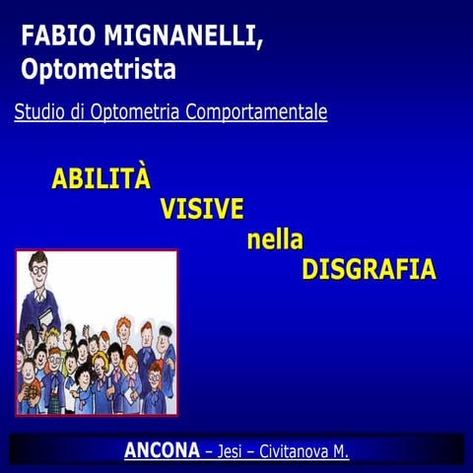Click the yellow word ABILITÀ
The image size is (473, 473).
101,179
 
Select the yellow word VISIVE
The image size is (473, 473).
201,209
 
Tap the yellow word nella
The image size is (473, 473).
275,239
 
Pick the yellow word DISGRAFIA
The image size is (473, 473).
369,270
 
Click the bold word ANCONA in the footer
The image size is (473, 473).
161,451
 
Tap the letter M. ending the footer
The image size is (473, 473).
341,451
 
